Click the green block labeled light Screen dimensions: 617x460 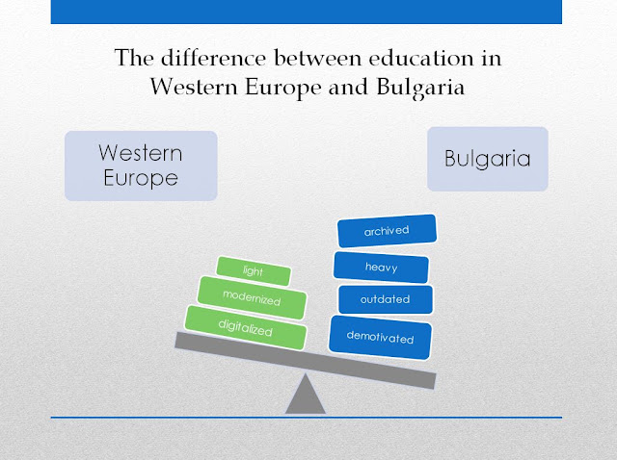(x=254, y=270)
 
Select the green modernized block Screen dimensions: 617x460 (x=252, y=297)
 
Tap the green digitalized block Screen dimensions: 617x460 (x=246, y=327)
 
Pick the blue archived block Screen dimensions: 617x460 (x=387, y=231)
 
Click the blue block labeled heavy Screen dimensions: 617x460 (x=381, y=268)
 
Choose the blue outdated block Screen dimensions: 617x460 (x=386, y=299)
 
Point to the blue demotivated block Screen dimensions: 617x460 (x=380, y=337)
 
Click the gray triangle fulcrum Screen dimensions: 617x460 (x=306, y=394)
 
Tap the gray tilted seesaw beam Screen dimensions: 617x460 (x=306, y=361)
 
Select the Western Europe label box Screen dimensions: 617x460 (x=141, y=166)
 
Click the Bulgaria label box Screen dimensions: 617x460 (x=488, y=159)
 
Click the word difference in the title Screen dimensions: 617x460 (x=213, y=58)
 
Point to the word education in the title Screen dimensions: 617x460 (x=421, y=58)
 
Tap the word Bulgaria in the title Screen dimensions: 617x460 (x=420, y=88)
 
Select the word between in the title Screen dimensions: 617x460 (x=317, y=58)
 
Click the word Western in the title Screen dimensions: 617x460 (x=194, y=87)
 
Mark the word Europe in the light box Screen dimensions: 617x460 (x=141, y=179)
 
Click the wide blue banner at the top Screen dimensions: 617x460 (x=307, y=12)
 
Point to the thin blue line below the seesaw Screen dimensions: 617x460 (x=307, y=418)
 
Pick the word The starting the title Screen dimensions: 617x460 (x=134, y=58)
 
